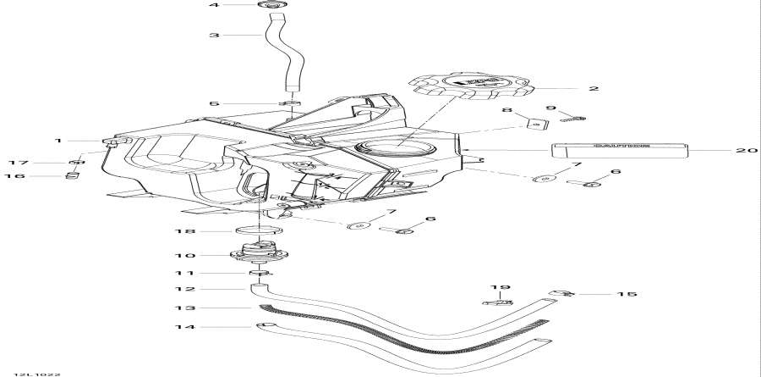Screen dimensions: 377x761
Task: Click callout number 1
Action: [x=58, y=140]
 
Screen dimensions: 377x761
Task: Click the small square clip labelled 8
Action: [x=533, y=124]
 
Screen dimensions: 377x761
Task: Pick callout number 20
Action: [x=742, y=151]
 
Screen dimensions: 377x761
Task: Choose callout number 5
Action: [x=214, y=104]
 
